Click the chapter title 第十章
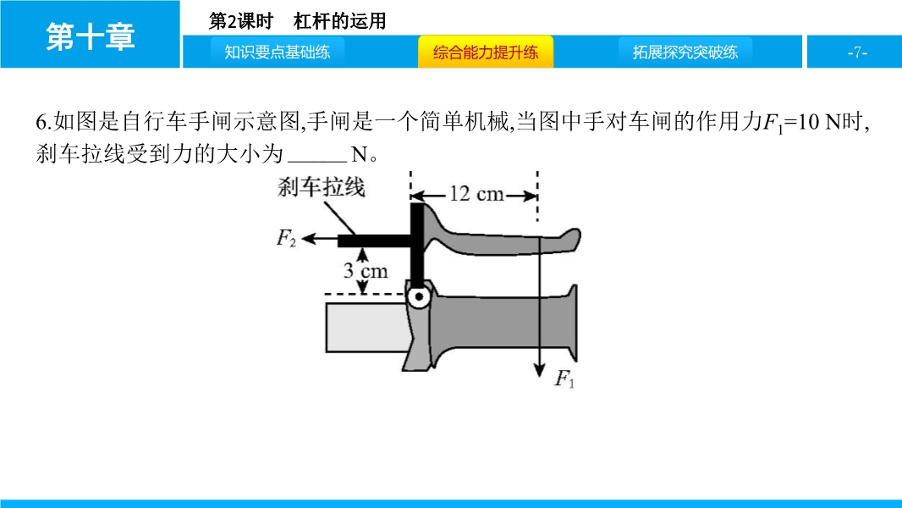click(x=91, y=36)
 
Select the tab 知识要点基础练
click(x=278, y=52)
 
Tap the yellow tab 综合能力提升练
click(x=486, y=52)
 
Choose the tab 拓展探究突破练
click(x=685, y=52)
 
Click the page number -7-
click(x=857, y=52)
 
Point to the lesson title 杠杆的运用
click(x=339, y=21)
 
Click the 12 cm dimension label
click(x=476, y=194)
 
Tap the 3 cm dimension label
click(x=366, y=270)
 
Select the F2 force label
click(x=286, y=237)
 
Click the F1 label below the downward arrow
click(x=564, y=378)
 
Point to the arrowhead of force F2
click(x=308, y=239)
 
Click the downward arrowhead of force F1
click(x=539, y=370)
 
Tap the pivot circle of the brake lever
click(x=419, y=297)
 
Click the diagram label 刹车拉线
click(x=321, y=187)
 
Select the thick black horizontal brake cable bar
click(x=375, y=241)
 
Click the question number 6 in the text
click(x=41, y=122)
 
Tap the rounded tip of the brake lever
click(x=573, y=239)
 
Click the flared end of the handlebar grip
click(x=571, y=323)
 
